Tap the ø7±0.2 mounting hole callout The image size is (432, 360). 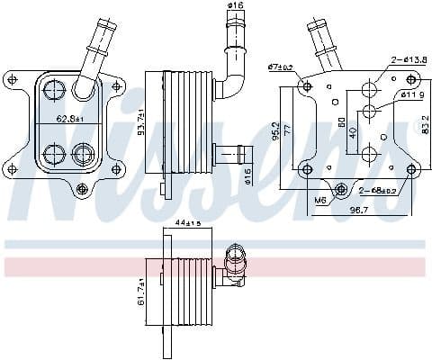coord(281,67)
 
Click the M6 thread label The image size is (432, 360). coord(321,200)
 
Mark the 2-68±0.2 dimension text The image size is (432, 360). coord(377,190)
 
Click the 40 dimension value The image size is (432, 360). coord(351,131)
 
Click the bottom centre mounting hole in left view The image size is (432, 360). coord(82,188)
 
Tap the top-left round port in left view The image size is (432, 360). coord(53,90)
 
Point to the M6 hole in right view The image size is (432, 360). coord(342,189)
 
